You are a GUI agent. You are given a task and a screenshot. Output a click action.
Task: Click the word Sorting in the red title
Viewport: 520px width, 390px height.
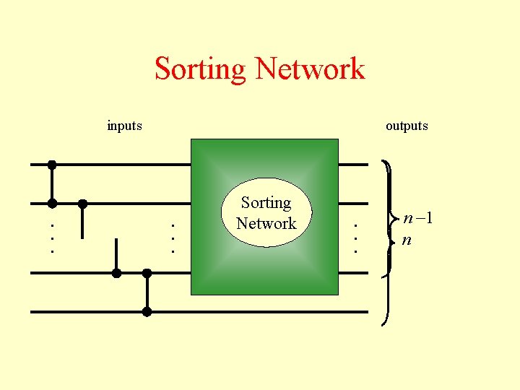(x=200, y=69)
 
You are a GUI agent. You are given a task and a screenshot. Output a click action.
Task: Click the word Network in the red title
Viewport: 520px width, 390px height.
(x=310, y=69)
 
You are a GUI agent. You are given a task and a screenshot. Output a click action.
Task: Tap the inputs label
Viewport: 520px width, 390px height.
(x=124, y=126)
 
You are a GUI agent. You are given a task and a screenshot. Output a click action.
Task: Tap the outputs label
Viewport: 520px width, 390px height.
(x=407, y=126)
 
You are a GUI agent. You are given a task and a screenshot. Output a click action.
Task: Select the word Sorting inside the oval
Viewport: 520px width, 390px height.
(x=266, y=203)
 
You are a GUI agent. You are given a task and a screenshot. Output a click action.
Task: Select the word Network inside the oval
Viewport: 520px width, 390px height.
(x=266, y=223)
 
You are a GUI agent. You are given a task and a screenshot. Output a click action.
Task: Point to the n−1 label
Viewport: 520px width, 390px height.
(x=418, y=218)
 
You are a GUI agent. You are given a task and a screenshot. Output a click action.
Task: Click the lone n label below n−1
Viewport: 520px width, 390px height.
(x=407, y=239)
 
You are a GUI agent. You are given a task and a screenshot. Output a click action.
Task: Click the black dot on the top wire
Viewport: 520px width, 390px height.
(x=52, y=165)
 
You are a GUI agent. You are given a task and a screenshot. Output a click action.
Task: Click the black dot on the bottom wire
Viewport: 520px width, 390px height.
(x=147, y=312)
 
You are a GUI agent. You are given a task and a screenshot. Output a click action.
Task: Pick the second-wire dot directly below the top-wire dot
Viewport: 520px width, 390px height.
(x=52, y=203)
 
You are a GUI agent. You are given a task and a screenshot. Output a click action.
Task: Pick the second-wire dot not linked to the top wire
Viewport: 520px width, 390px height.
(x=83, y=203)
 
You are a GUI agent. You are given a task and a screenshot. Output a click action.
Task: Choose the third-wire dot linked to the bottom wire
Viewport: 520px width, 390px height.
(x=147, y=273)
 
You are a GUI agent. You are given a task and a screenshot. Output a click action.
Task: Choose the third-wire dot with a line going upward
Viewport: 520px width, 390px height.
(x=116, y=273)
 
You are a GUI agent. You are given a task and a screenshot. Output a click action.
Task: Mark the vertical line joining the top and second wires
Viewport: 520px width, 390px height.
(x=52, y=184)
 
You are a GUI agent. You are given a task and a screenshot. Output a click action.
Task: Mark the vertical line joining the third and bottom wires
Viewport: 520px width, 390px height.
(x=147, y=292)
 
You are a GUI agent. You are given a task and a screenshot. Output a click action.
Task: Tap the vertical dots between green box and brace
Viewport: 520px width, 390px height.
(x=355, y=237)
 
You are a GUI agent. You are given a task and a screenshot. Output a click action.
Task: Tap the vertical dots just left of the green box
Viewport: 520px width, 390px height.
(x=172, y=237)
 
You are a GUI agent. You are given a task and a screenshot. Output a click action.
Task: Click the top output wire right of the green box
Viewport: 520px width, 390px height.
(x=354, y=165)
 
